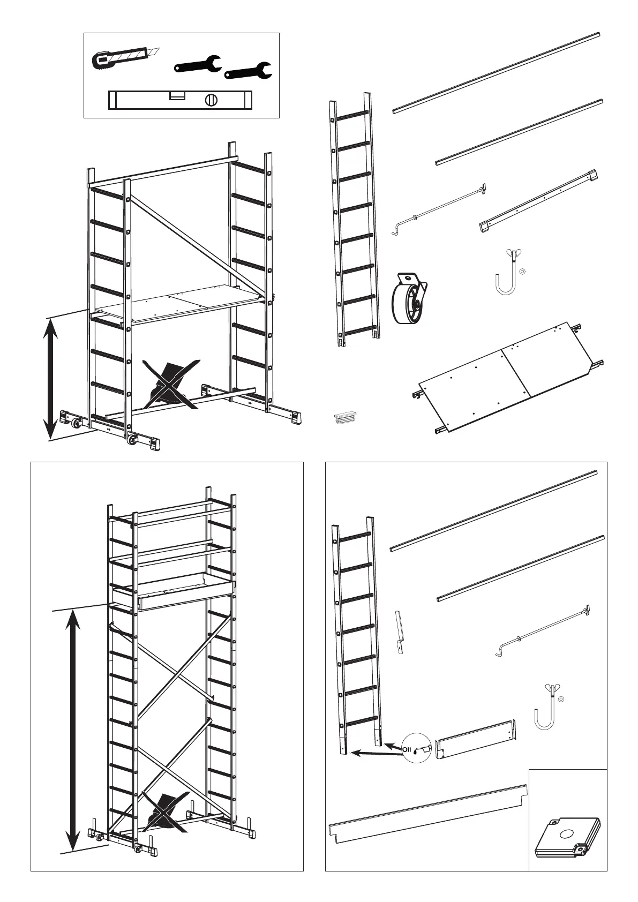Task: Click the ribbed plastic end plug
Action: point(344,417)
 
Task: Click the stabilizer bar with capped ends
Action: point(538,201)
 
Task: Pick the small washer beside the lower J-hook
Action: point(561,699)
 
